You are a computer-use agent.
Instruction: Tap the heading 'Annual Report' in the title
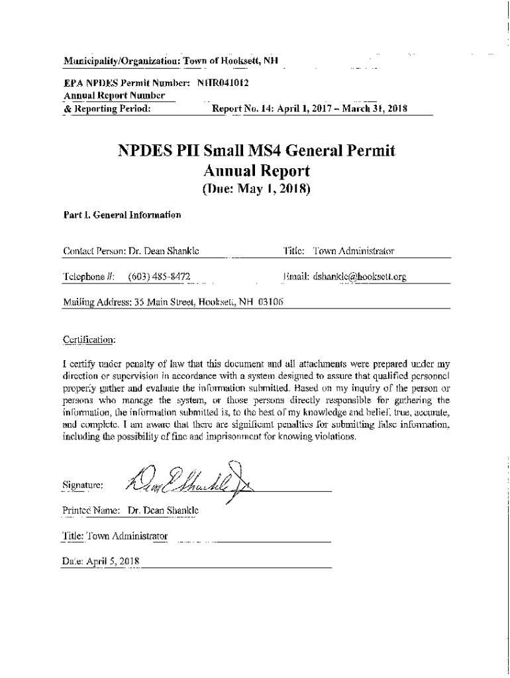click(255, 172)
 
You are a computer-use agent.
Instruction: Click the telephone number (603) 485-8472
click(159, 275)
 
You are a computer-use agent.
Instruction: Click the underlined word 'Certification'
click(89, 340)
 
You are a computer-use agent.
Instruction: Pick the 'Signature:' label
click(83, 485)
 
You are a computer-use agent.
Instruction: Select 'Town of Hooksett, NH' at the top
click(230, 62)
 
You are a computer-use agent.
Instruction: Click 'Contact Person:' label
click(93, 251)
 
